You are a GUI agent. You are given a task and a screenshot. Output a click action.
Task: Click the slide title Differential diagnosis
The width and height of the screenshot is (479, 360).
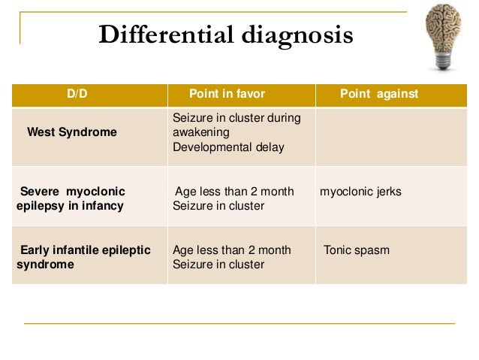225,35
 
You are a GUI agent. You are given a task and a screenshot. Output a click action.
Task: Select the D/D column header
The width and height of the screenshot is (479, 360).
77,94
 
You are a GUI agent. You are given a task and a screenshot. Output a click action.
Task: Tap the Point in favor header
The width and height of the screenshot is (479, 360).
227,94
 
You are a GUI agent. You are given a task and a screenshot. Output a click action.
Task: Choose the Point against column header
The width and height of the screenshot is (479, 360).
378,94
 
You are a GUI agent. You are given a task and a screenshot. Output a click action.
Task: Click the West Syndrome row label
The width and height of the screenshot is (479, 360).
72,132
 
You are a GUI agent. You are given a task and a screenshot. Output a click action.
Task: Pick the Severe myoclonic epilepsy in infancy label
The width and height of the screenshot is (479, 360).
71,198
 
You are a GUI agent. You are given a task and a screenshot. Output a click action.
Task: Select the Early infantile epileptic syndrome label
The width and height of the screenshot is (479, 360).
83,257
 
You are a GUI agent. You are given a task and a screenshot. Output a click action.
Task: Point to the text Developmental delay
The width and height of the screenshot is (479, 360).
228,147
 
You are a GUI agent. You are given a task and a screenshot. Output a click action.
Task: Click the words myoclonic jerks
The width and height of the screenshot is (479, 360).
360,192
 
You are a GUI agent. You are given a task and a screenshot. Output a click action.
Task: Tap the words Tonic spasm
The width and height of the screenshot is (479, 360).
357,250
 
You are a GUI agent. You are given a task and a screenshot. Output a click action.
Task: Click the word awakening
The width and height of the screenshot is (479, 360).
201,132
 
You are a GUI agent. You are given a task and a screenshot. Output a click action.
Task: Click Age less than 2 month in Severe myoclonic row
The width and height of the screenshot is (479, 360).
233,192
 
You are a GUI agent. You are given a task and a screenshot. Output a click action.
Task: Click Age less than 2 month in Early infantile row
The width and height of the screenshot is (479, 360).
232,250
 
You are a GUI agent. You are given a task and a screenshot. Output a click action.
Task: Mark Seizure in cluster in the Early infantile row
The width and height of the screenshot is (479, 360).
218,265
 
